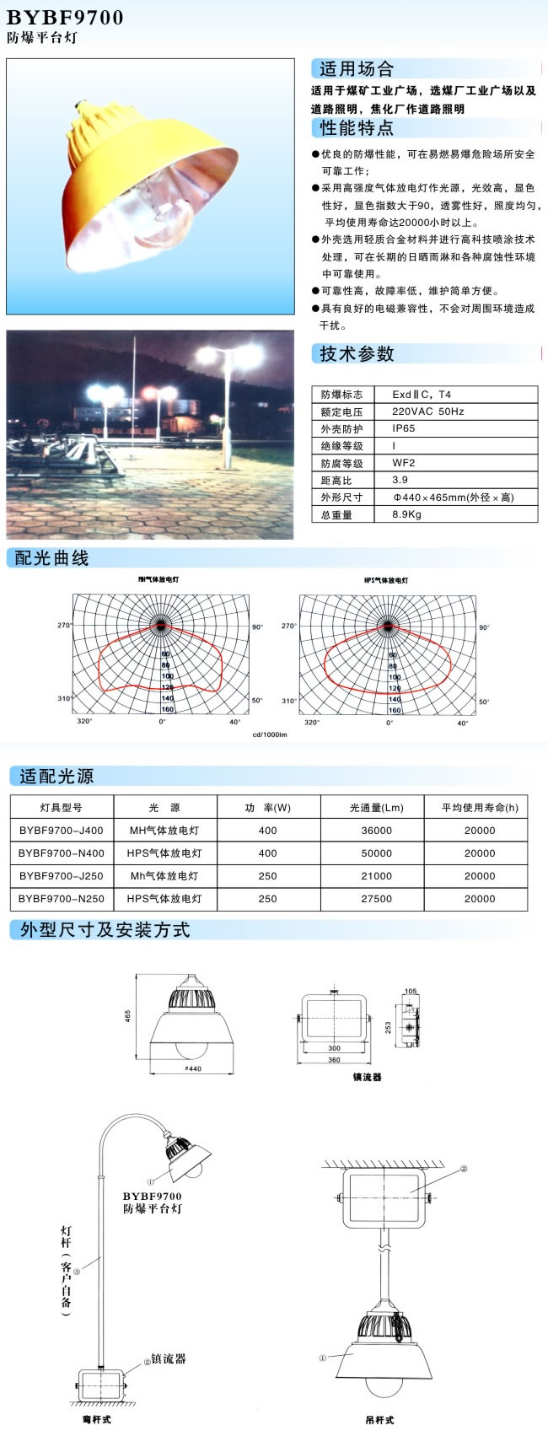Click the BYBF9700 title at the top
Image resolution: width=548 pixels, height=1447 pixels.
pos(65,17)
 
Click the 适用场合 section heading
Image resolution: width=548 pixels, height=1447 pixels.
pos(357,69)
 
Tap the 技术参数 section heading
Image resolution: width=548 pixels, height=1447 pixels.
pos(357,354)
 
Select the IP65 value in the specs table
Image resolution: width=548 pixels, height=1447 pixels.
pos(404,428)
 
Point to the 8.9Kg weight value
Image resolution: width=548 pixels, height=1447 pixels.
pos(406,514)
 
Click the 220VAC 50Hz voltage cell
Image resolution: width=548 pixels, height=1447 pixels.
pos(428,412)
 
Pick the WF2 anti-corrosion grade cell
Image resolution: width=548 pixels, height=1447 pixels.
pos(404,463)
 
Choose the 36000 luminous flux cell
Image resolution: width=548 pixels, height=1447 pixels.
pos(376,831)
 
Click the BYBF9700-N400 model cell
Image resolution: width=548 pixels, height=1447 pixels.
pos(62,853)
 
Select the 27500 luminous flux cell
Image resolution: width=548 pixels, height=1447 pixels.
pos(376,899)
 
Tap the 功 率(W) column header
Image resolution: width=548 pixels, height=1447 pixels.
pos(268,808)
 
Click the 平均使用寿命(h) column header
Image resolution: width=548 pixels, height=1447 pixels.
pos(480,808)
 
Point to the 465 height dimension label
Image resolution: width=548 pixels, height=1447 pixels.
pos(128,1016)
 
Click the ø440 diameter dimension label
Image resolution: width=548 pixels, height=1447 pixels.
pos(193,1069)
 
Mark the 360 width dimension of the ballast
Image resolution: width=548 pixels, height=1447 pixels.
pos(335,1060)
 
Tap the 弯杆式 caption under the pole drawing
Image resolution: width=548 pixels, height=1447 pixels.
pos(98,1420)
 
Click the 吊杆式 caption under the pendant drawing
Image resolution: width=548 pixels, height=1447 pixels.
pos(379,1420)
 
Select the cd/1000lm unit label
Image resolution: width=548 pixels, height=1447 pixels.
pos(270,734)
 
